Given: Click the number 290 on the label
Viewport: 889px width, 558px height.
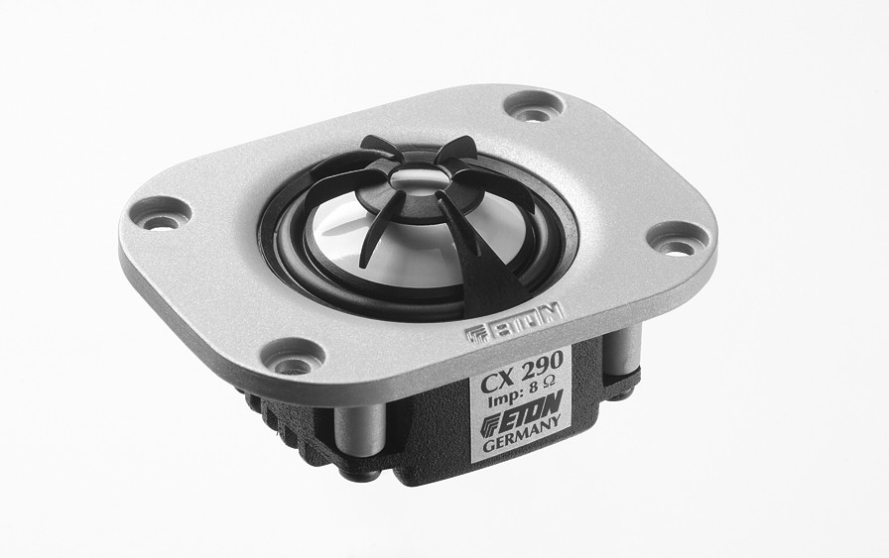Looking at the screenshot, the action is pyautogui.click(x=542, y=363).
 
